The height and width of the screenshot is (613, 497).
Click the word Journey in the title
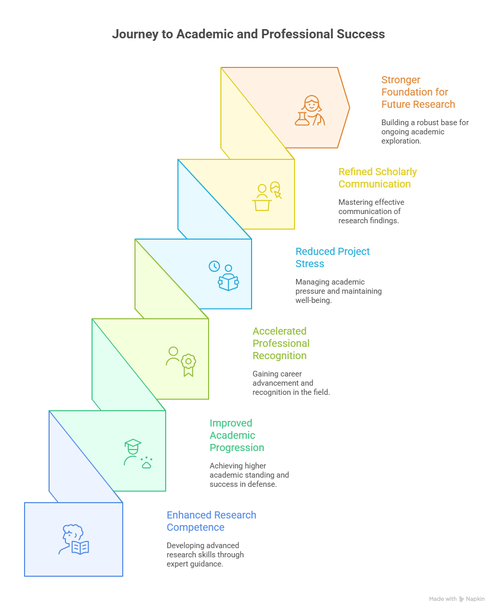[x=135, y=34]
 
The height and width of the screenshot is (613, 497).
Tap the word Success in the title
[x=360, y=34]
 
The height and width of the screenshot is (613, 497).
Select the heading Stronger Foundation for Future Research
[x=418, y=92]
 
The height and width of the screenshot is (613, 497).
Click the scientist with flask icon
[x=310, y=110]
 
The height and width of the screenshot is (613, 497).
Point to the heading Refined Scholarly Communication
[x=377, y=178]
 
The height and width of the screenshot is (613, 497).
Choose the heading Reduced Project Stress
[x=332, y=257]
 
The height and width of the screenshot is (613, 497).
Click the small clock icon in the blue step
[x=214, y=266]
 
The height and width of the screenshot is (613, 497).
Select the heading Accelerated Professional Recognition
[x=281, y=343]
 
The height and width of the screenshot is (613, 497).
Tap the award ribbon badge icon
[x=189, y=365]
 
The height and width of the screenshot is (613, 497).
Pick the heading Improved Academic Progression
[x=237, y=435]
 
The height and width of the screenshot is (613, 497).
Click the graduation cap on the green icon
[x=133, y=444]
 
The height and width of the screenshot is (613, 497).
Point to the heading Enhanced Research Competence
[x=211, y=521]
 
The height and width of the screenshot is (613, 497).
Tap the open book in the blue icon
[x=80, y=548]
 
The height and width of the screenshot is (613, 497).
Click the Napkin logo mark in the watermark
[x=461, y=599]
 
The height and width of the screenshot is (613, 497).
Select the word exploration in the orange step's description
[x=401, y=141]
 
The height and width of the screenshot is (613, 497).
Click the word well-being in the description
[x=313, y=300]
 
